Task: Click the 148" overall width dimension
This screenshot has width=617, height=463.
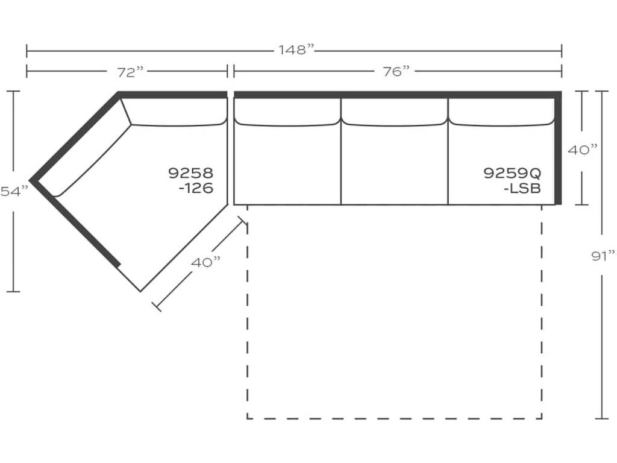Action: coord(296,50)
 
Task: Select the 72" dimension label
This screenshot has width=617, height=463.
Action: coord(130,72)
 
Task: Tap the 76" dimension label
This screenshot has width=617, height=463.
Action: coord(396,71)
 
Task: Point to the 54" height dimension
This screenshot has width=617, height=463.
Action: coord(14,191)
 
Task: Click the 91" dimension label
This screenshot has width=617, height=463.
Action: coord(603,256)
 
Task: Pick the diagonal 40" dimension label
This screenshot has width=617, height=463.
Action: coord(206,262)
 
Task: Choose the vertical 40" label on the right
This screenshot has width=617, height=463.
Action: coord(583,150)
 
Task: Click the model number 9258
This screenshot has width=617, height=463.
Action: coord(191,173)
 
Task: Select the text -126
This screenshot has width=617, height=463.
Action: coord(196,188)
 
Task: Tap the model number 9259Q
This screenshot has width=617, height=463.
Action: coord(512,173)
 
